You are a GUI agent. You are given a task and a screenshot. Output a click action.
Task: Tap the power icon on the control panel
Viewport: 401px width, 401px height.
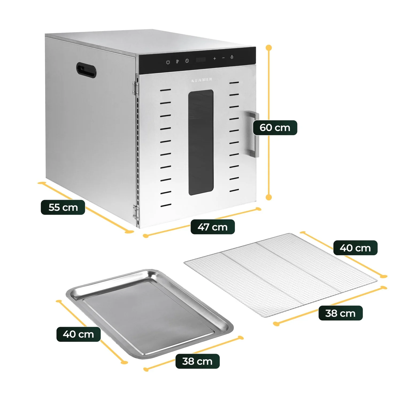click(168, 62)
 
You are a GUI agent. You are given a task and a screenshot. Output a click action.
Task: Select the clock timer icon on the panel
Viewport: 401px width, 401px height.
click(187, 61)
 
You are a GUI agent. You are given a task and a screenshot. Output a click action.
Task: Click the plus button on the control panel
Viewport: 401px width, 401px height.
click(214, 59)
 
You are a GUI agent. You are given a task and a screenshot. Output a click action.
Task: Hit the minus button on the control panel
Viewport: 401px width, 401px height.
click(223, 58)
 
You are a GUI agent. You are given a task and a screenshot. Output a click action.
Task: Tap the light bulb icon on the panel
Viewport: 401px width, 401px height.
click(232, 57)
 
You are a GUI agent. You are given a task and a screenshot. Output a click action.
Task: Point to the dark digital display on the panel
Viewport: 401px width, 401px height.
click(201, 60)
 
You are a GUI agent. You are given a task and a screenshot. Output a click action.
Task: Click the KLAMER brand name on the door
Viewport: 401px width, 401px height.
click(202, 80)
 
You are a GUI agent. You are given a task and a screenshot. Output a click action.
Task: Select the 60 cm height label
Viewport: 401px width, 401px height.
click(275, 128)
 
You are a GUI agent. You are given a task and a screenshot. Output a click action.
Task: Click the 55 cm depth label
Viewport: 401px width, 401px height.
click(63, 207)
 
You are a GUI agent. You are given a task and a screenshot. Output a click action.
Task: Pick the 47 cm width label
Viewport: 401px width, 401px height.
click(213, 227)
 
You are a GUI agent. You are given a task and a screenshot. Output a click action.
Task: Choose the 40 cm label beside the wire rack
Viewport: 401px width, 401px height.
click(355, 248)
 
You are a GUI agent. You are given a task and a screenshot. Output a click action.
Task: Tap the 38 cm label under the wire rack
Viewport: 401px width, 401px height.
click(340, 313)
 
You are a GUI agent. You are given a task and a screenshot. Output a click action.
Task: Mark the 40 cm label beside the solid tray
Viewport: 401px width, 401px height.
click(78, 334)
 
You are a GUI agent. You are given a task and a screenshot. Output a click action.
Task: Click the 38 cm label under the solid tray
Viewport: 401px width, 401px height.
click(197, 361)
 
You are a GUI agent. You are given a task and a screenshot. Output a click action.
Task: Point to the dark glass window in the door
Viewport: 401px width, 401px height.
click(201, 142)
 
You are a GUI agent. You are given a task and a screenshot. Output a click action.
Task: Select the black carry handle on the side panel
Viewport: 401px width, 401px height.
click(86, 70)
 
